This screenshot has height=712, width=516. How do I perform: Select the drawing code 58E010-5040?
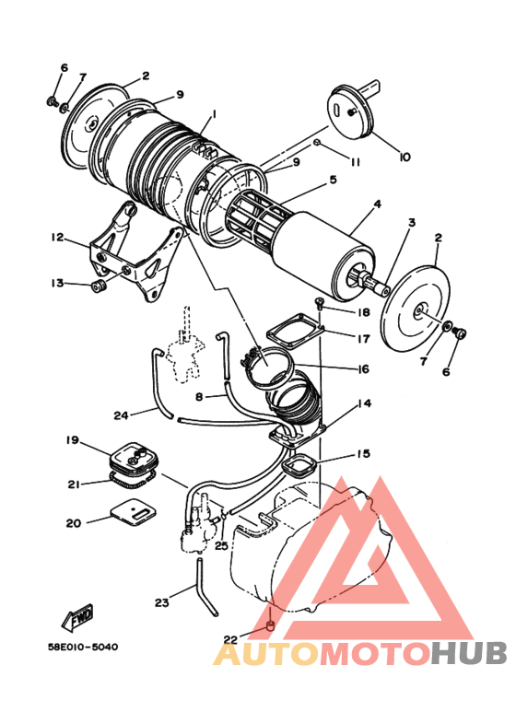click(x=84, y=647)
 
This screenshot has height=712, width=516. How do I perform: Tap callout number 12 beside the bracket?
click(x=57, y=238)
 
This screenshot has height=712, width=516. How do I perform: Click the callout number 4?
click(x=377, y=204)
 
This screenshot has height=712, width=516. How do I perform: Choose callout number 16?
click(x=364, y=369)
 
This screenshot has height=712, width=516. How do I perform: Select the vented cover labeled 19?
click(x=133, y=457)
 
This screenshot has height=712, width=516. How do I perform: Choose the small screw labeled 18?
click(x=318, y=302)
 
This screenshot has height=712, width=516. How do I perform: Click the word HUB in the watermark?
click(x=469, y=653)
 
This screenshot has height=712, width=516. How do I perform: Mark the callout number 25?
click(x=220, y=547)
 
